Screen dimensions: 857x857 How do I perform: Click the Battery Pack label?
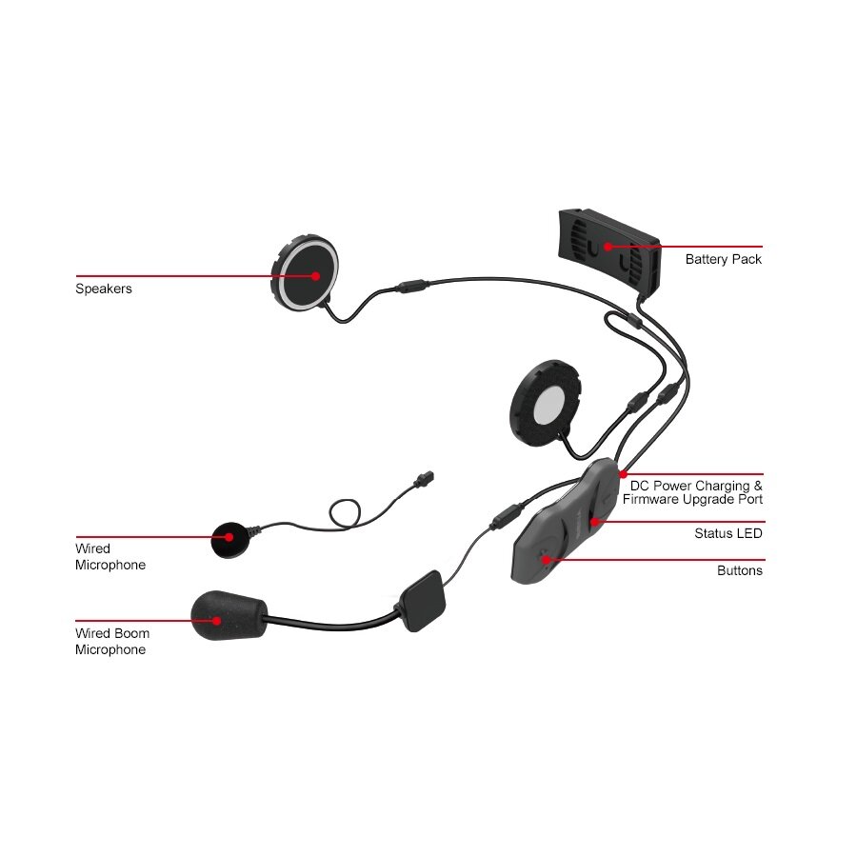coord(723,259)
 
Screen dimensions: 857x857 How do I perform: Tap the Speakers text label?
coord(104,289)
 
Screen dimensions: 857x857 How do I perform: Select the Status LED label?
coord(727,533)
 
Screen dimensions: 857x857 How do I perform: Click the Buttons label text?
coord(739,570)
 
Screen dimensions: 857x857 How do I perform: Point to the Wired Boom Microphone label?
coord(111,641)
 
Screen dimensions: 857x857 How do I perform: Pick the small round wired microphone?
coord(229,538)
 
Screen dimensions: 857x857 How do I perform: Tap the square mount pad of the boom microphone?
coord(419,601)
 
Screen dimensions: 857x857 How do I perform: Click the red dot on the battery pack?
coord(608,247)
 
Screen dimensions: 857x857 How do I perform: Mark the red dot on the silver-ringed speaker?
coord(314,275)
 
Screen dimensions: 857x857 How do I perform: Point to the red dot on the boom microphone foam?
coord(218,621)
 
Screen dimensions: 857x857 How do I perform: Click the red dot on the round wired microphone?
coord(229,537)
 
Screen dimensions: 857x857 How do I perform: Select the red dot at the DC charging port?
coord(623,473)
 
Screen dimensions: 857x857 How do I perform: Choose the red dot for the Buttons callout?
coord(546,559)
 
